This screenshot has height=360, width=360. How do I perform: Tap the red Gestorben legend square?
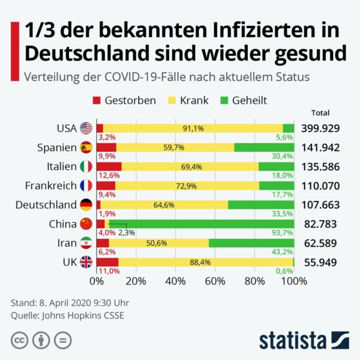click(x=97, y=100)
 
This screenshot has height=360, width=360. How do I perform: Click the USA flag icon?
click(x=86, y=128)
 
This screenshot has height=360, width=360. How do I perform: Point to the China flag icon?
click(x=86, y=224)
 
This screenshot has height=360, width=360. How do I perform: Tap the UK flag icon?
click(x=86, y=262)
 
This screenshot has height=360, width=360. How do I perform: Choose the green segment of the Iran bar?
click(x=251, y=243)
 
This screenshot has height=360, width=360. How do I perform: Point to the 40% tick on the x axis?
click(x=176, y=280)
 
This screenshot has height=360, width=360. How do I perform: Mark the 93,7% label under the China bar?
click(x=284, y=233)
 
